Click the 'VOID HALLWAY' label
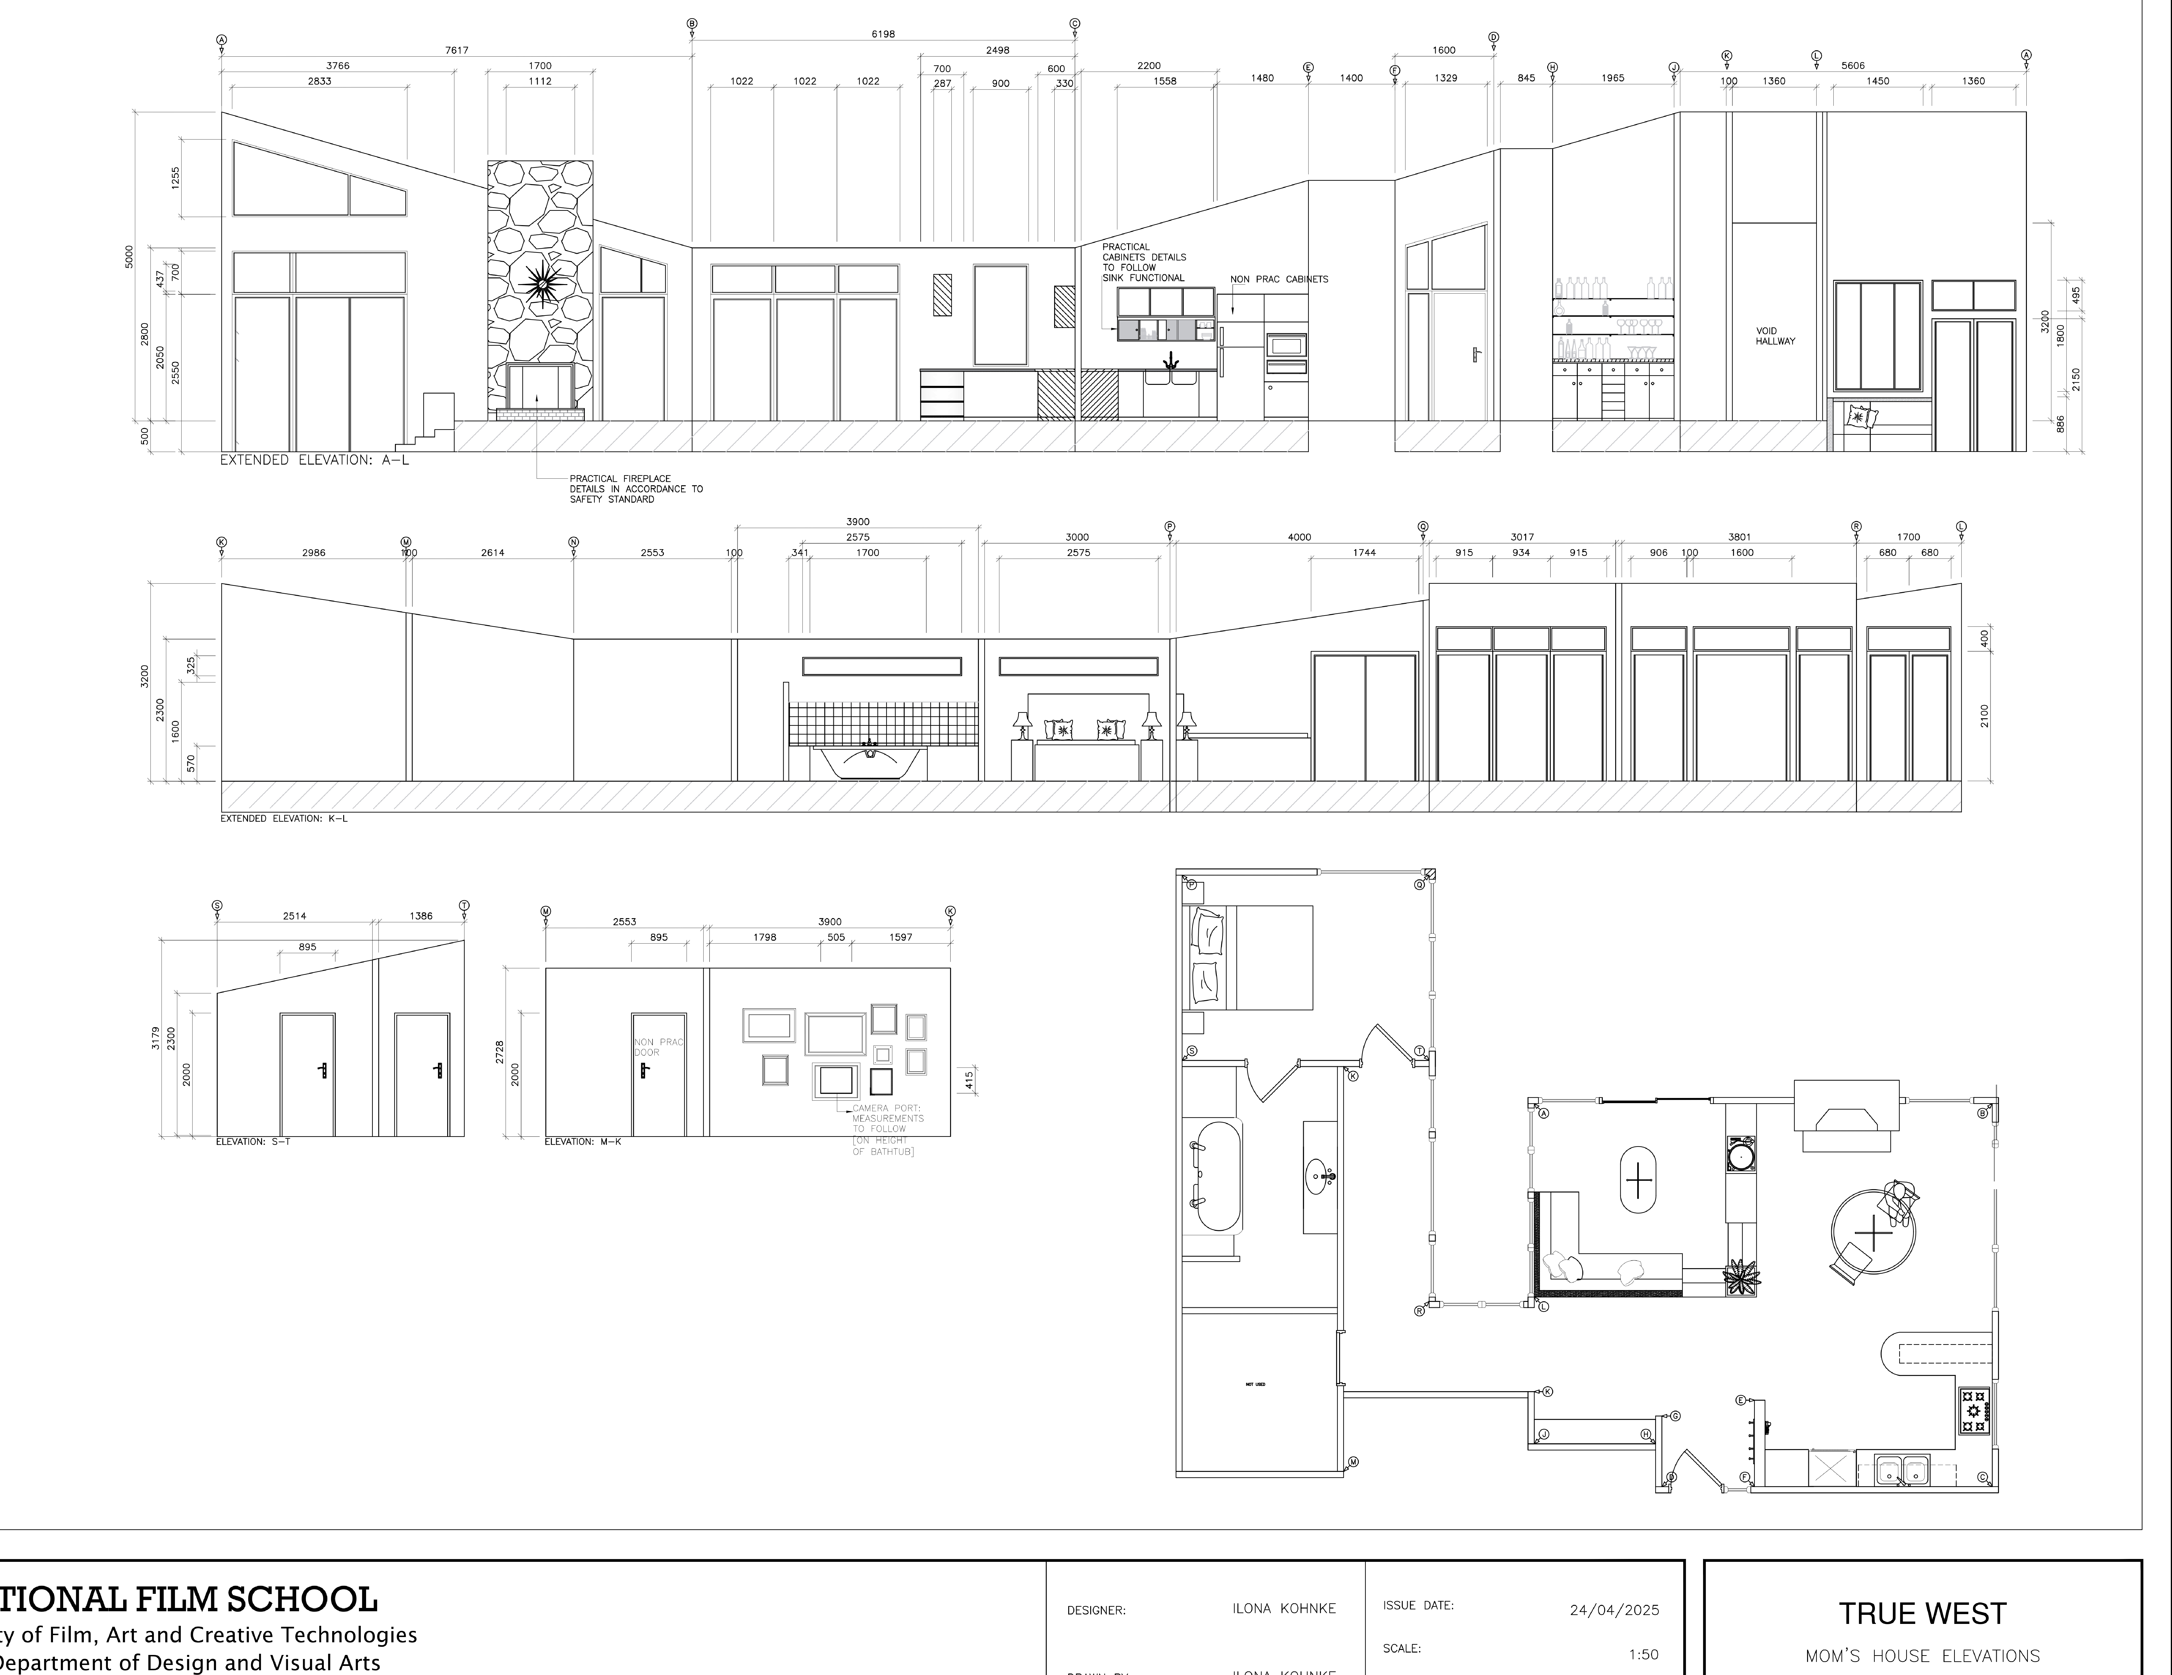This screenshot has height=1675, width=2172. point(1775,336)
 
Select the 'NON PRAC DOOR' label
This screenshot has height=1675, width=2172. point(657,1046)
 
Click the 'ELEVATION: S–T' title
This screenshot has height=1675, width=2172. point(254,1142)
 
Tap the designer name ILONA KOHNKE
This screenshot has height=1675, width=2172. point(1283,1608)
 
